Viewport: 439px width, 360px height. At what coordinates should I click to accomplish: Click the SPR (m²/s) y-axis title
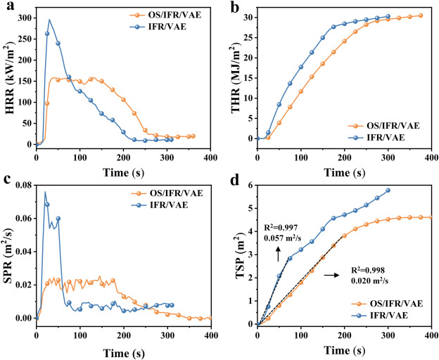point(8,252)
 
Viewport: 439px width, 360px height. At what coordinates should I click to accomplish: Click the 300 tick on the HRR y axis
point(25,15)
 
